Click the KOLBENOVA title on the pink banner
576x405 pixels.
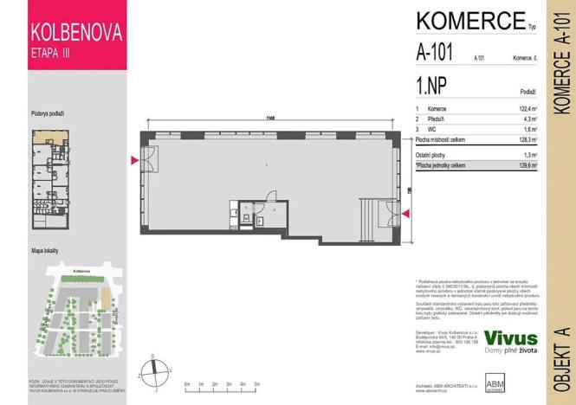point(76,34)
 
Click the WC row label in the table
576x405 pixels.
point(432,128)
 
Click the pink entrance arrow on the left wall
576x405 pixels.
point(133,160)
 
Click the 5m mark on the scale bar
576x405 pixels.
point(258,382)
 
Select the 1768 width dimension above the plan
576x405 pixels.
point(270,119)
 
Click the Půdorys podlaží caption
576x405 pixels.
point(49,113)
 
